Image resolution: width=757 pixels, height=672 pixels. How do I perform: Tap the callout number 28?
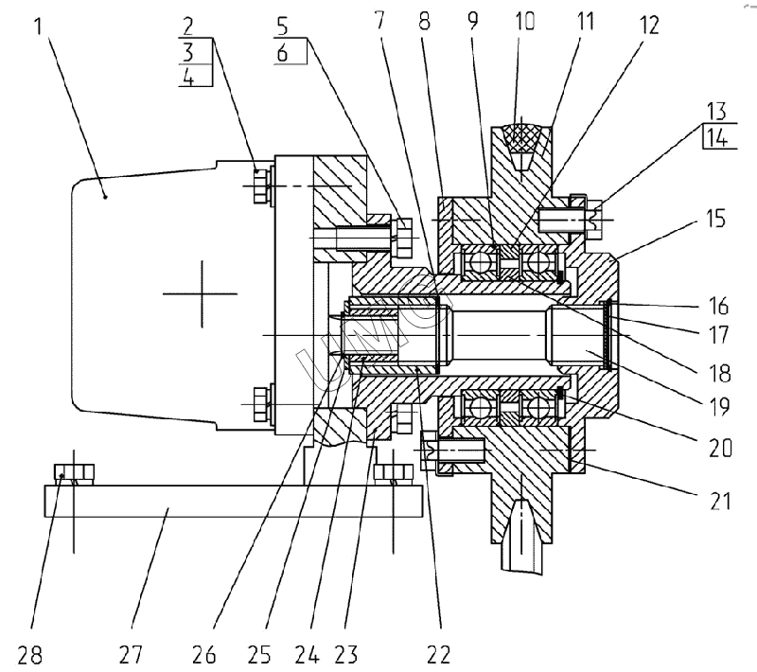click(31, 653)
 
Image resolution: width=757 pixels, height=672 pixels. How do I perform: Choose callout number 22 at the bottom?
click(436, 653)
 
